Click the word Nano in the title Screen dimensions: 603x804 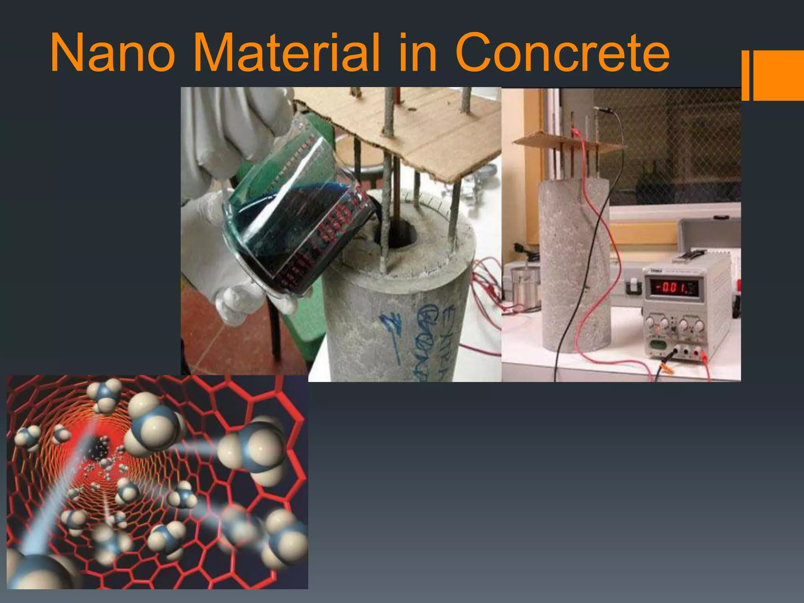[112, 53]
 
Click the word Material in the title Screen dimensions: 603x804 [287, 53]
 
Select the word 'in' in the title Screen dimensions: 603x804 [418, 53]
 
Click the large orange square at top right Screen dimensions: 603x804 [778, 75]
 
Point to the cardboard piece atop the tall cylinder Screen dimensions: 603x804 [565, 142]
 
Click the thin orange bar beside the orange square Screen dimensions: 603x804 [745, 75]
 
